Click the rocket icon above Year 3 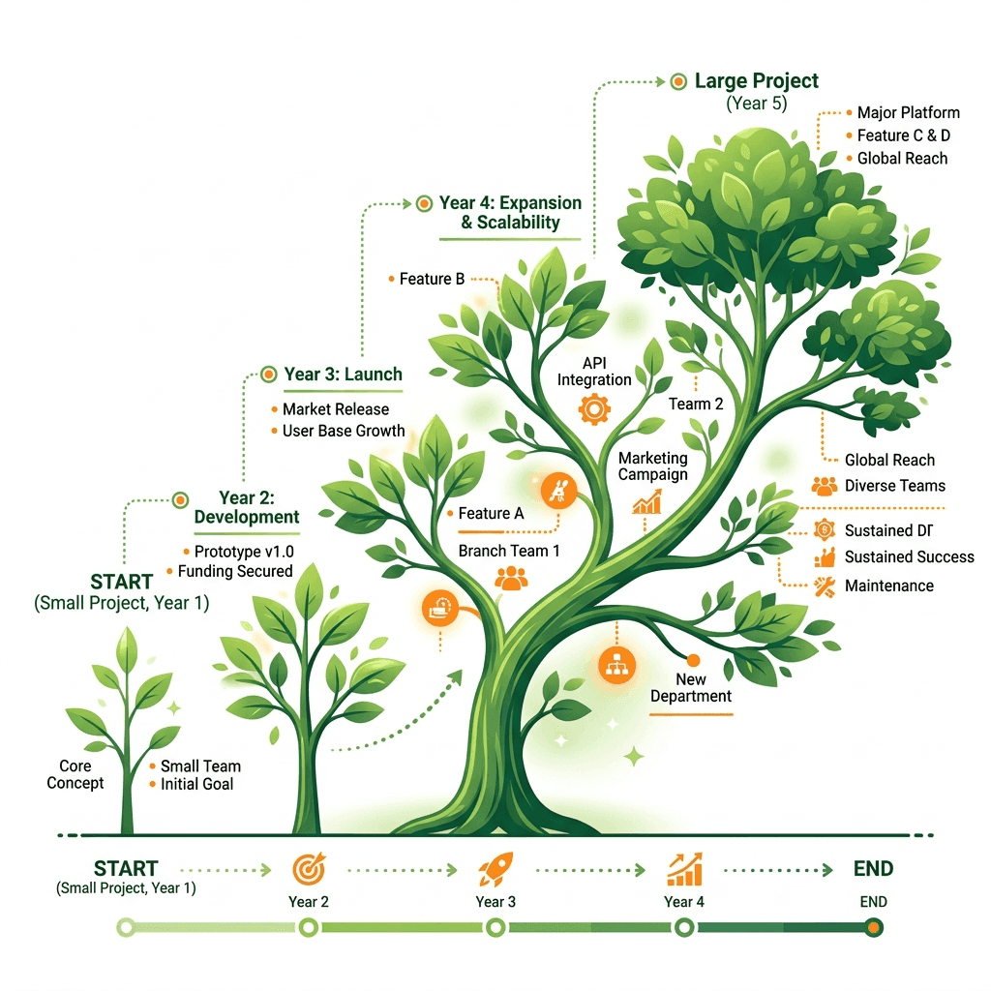tap(496, 869)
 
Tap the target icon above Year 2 tap(309, 869)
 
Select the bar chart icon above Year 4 tap(684, 869)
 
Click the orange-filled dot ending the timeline tap(874, 928)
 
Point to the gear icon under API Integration tap(594, 409)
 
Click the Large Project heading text tap(757, 81)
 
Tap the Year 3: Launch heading tap(344, 375)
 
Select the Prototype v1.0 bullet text tap(244, 552)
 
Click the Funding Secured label tap(235, 571)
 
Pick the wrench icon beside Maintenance tap(825, 586)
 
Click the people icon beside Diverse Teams tap(825, 486)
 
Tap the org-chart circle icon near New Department tap(616, 666)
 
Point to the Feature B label tap(432, 279)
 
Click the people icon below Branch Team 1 tap(511, 578)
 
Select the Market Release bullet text tap(336, 409)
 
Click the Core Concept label tap(75, 774)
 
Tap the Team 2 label tap(696, 404)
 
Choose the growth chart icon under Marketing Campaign tap(646, 503)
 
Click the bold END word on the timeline tap(874, 868)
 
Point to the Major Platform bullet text tap(908, 112)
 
